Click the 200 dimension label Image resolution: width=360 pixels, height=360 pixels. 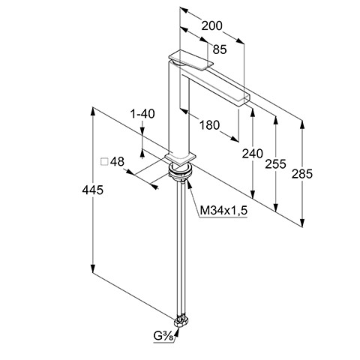click(x=211, y=25)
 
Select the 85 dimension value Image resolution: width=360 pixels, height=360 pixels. click(x=220, y=49)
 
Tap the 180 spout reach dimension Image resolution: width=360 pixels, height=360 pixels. click(x=209, y=125)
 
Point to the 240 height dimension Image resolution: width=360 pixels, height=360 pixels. click(x=253, y=154)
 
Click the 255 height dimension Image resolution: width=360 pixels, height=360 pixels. click(x=275, y=164)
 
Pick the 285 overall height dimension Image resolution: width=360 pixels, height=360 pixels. click(x=302, y=174)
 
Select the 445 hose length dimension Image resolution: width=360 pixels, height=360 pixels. click(x=92, y=190)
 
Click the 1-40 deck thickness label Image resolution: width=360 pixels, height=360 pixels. click(x=142, y=114)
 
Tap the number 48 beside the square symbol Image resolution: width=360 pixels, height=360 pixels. click(x=117, y=162)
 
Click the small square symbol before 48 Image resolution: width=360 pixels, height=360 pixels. click(x=104, y=162)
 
